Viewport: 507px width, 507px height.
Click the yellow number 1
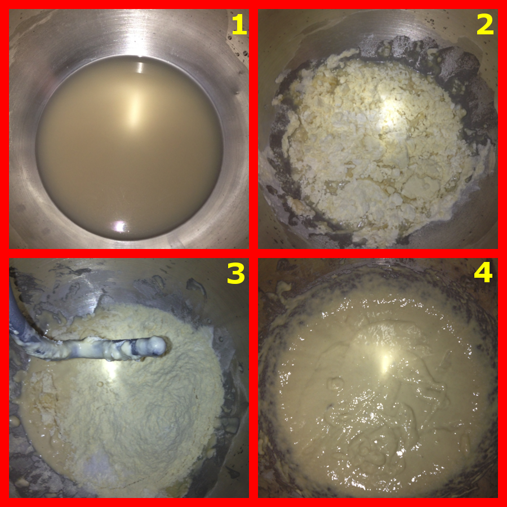tap(239, 25)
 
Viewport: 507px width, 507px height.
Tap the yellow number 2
tap(485, 25)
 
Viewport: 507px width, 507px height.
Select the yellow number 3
tap(235, 273)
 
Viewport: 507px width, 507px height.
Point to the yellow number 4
tap(483, 273)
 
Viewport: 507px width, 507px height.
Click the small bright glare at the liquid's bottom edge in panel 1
tap(120, 226)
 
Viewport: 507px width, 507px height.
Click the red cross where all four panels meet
tap(253, 253)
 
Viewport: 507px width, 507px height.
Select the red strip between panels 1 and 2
tap(253, 129)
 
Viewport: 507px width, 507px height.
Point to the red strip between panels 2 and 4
tap(378, 253)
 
